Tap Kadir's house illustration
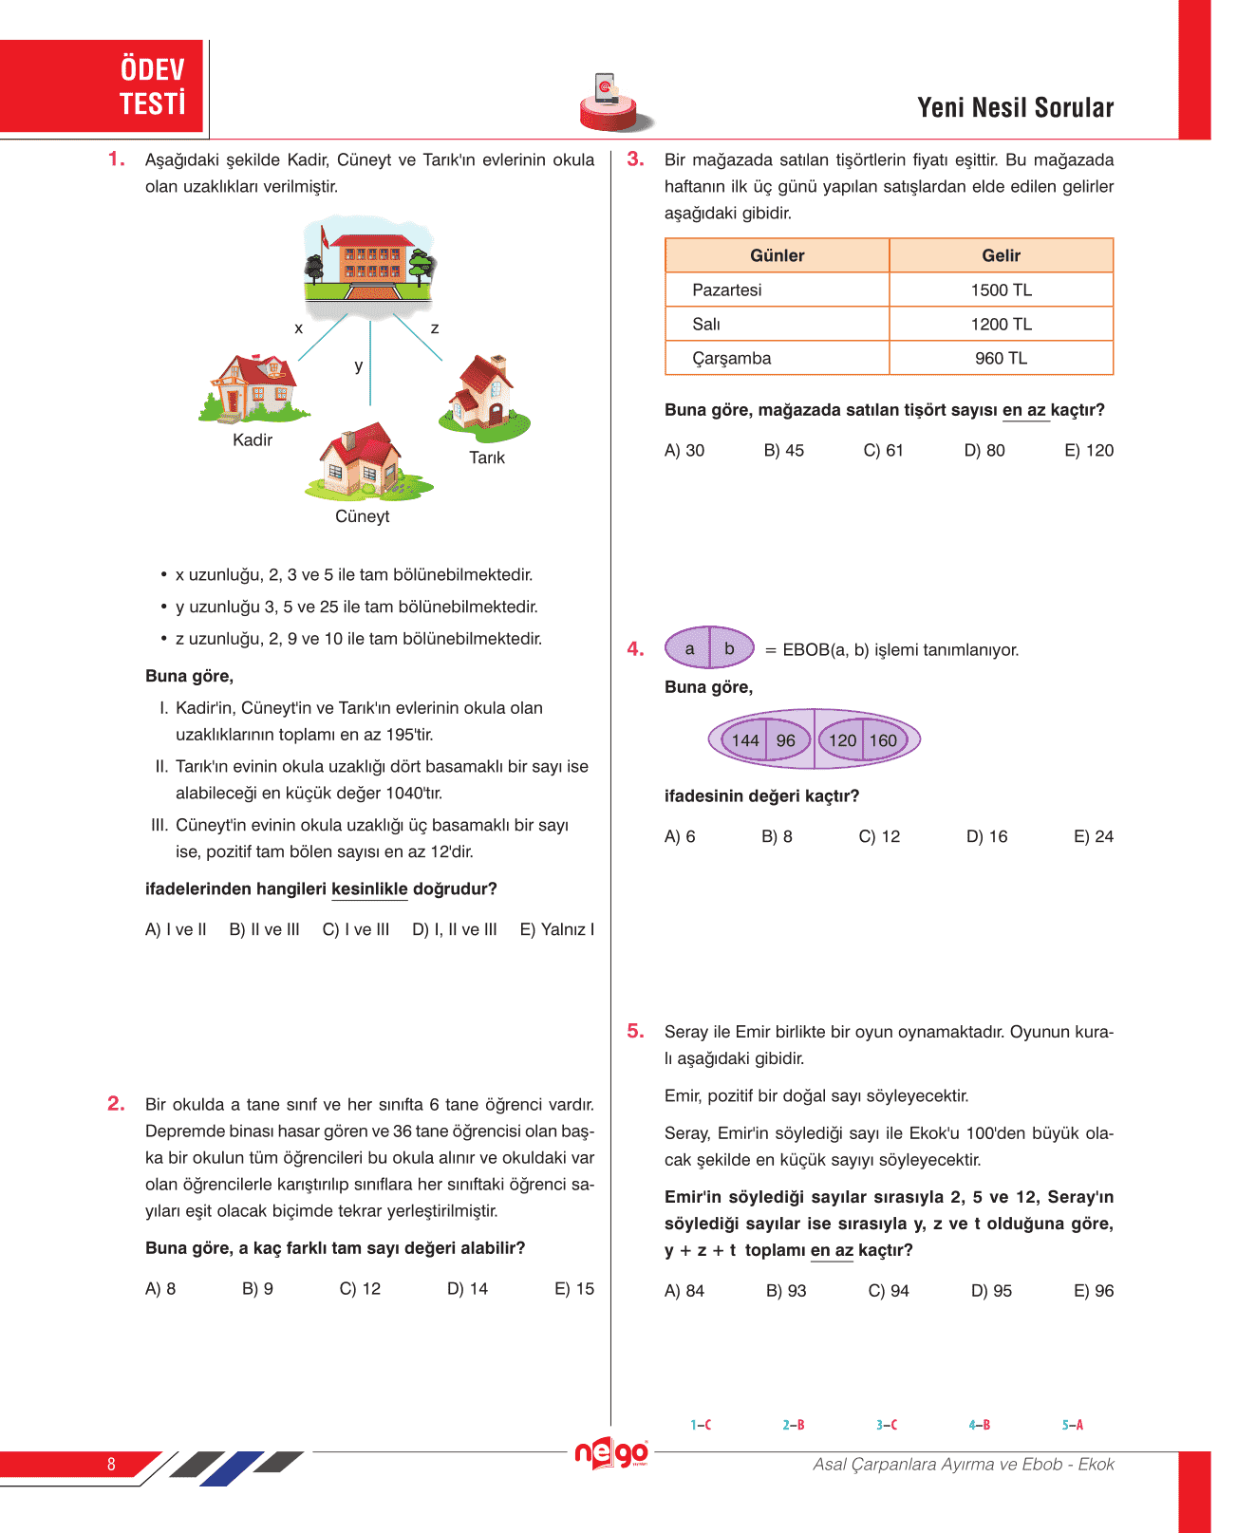coord(253,387)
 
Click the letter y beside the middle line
coord(359,365)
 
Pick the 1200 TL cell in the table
coord(1001,324)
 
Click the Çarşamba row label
coord(731,358)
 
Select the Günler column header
coord(777,255)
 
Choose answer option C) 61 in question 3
coord(883,450)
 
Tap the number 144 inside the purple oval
coord(745,740)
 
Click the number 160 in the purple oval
coord(883,740)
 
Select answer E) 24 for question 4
coord(1093,836)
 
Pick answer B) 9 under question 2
coord(257,1288)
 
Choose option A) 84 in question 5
coord(684,1290)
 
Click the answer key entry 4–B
coord(980,1425)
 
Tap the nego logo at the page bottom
coord(612,1452)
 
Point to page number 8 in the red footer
coord(111,1464)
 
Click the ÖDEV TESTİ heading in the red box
coord(152,86)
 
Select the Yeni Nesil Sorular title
coord(1015,108)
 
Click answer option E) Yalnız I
coord(556,929)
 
